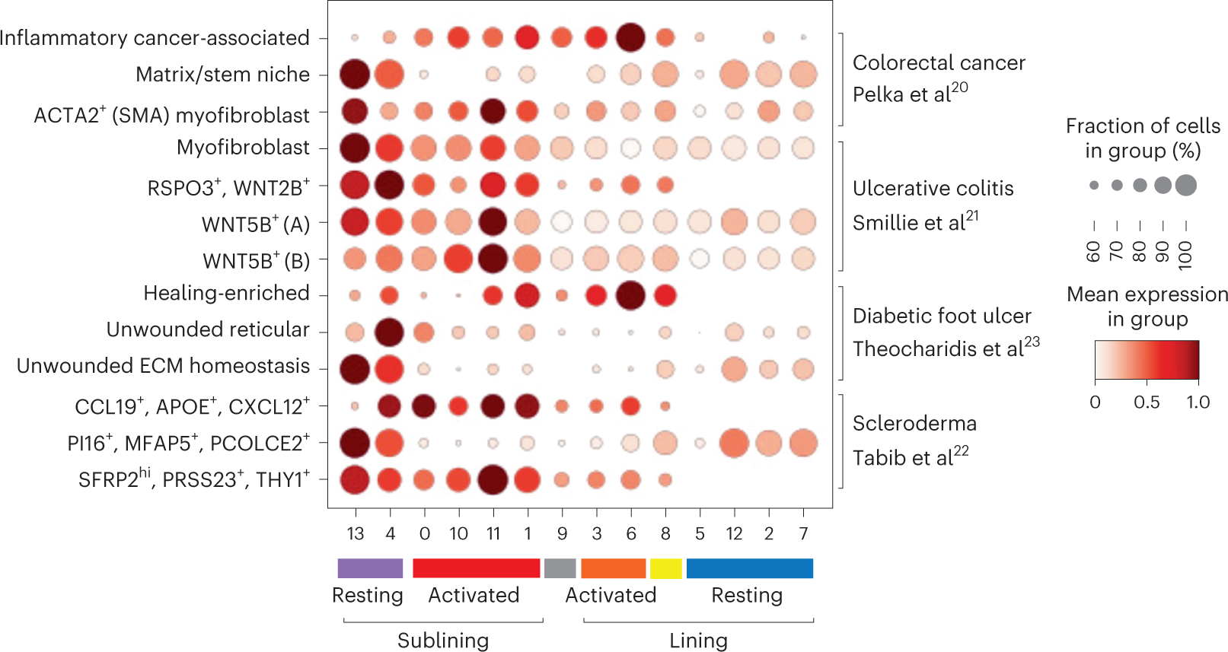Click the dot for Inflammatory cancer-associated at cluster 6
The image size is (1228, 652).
pyautogui.click(x=630, y=37)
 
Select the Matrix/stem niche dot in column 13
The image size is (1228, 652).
pyautogui.click(x=355, y=75)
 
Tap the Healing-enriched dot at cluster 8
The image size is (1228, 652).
pyautogui.click(x=665, y=295)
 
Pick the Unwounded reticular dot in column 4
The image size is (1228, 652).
pyautogui.click(x=390, y=332)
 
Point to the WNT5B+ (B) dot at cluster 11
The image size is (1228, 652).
pyautogui.click(x=493, y=259)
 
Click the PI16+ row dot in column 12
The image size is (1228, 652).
pyautogui.click(x=734, y=443)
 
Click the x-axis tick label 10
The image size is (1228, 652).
pyautogui.click(x=458, y=534)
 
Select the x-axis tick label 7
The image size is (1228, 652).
pyautogui.click(x=803, y=534)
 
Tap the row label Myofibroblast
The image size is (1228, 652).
pyautogui.click(x=243, y=147)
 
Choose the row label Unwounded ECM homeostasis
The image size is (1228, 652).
pyautogui.click(x=163, y=366)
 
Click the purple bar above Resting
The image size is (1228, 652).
pyautogui.click(x=370, y=568)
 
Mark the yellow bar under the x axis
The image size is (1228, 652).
pyautogui.click(x=665, y=568)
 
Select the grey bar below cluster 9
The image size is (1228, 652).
pyautogui.click(x=560, y=568)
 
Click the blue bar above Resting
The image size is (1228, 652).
pyautogui.click(x=749, y=568)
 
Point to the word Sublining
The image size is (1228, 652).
pyautogui.click(x=443, y=641)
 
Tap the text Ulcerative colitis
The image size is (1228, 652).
pyautogui.click(x=933, y=188)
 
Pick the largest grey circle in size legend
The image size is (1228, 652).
pyautogui.click(x=1185, y=185)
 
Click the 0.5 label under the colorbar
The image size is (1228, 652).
pyautogui.click(x=1147, y=402)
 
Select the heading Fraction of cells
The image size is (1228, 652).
pyautogui.click(x=1143, y=126)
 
